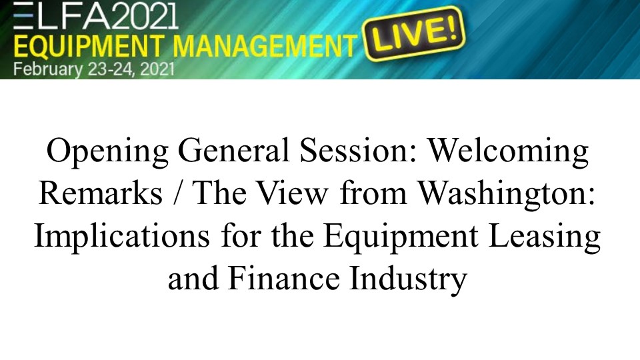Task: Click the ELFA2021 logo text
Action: point(96,15)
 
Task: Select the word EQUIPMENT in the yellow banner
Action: point(89,46)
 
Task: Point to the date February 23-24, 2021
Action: point(94,69)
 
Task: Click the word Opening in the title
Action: point(108,151)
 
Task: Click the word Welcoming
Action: point(508,151)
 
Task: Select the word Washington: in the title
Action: point(507,195)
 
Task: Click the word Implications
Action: point(122,237)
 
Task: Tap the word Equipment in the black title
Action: point(401,237)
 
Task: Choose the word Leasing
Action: point(544,237)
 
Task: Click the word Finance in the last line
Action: point(284,279)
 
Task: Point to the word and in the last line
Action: point(193,279)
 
